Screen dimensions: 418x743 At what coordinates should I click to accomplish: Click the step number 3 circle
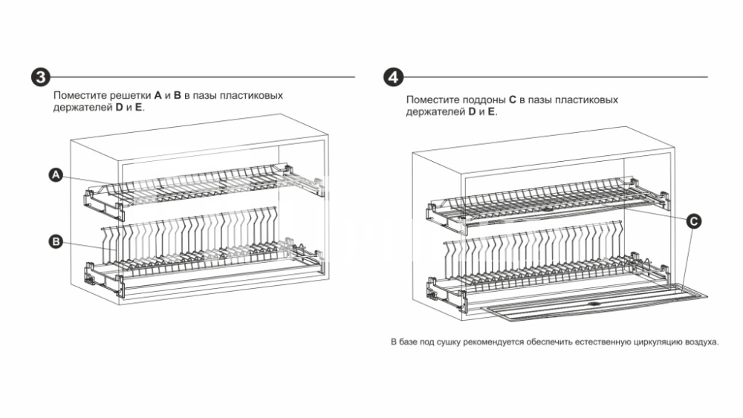[x=41, y=77]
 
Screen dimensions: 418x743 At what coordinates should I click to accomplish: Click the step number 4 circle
[x=394, y=77]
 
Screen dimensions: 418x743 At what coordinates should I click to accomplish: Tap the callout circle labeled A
[x=56, y=174]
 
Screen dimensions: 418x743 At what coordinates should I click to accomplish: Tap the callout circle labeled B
[x=56, y=241]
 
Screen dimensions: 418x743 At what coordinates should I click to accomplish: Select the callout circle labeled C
[x=692, y=221]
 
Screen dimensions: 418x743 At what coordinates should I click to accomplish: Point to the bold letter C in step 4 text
[x=513, y=99]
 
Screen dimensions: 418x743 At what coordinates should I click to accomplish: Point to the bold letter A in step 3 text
[x=158, y=96]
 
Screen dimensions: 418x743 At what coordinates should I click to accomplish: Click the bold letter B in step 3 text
[x=178, y=96]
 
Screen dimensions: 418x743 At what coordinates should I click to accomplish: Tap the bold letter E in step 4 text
[x=492, y=111]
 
